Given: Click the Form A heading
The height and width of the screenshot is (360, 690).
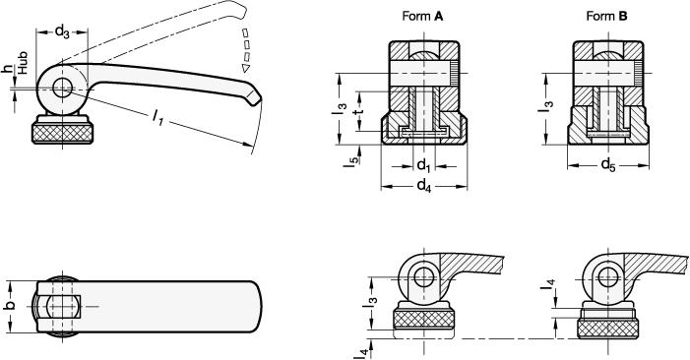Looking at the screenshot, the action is [422, 17].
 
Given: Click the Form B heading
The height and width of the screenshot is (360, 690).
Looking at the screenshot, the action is [606, 17].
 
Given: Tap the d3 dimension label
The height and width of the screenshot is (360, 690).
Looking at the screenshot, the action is [62, 31].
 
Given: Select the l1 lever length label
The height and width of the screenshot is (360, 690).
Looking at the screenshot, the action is [157, 117].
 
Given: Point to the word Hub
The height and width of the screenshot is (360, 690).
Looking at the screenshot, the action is [23, 62].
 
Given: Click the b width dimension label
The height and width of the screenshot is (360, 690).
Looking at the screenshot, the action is [11, 306].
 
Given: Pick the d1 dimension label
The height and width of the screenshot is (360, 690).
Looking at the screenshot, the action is [423, 166].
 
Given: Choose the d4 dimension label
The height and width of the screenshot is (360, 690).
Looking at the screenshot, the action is [424, 186].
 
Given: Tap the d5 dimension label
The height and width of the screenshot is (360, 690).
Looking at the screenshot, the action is [608, 165].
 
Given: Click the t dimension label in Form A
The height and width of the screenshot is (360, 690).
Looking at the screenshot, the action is [360, 111].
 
